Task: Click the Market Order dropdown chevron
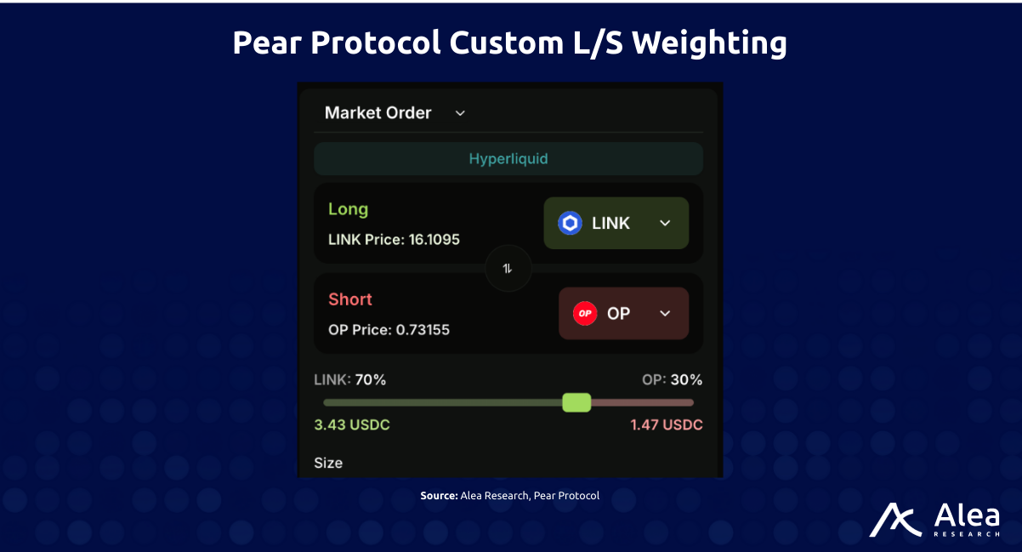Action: tap(460, 113)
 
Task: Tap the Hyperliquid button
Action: tap(508, 159)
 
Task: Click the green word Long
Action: tap(348, 209)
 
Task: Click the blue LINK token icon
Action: tap(570, 223)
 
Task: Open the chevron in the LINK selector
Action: tap(665, 223)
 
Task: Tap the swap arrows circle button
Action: tap(508, 269)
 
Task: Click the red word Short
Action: tap(350, 299)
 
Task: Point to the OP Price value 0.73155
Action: tap(423, 330)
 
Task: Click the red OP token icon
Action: tap(584, 313)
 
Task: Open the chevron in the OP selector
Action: tap(665, 313)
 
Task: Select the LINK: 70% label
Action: tap(350, 380)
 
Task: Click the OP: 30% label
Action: tap(672, 380)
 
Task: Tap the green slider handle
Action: tap(576, 402)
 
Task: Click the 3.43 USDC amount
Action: tap(352, 424)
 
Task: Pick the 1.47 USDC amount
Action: tap(667, 424)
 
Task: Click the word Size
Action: tap(328, 463)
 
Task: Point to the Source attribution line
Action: tap(510, 495)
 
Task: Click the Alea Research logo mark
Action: tap(895, 520)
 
